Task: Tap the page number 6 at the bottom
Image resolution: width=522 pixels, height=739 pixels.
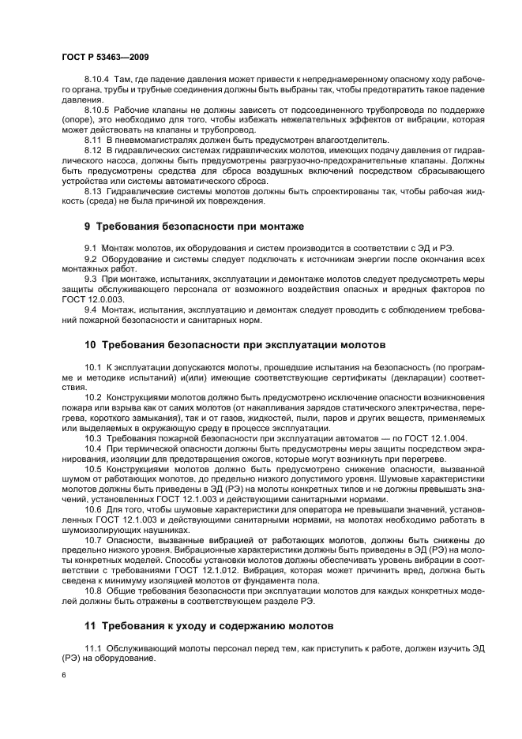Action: [63, 677]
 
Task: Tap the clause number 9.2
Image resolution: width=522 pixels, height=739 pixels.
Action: [91, 259]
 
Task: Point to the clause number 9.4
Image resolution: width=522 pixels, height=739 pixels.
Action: [91, 309]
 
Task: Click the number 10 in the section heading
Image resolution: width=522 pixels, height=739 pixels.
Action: [90, 345]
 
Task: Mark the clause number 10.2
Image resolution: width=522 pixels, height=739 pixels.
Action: [93, 397]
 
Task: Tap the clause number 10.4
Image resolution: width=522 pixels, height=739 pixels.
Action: [93, 448]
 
